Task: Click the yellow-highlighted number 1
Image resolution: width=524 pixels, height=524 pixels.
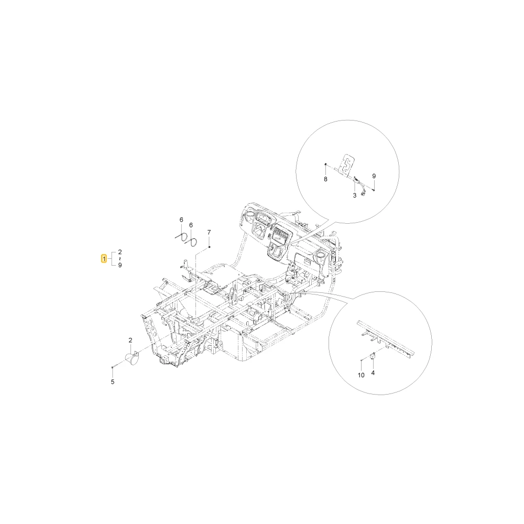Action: [x=104, y=259]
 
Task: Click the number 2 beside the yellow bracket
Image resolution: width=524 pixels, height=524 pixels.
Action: [x=120, y=252]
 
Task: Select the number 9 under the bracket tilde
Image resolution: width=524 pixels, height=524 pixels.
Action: [x=120, y=265]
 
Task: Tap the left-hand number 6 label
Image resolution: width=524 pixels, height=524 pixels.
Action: [x=181, y=220]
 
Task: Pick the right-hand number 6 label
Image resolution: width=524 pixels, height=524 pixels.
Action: [x=191, y=225]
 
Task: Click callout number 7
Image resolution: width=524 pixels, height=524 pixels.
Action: [x=209, y=232]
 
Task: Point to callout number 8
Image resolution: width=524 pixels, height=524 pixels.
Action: [x=326, y=179]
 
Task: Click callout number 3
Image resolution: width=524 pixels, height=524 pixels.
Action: [x=355, y=195]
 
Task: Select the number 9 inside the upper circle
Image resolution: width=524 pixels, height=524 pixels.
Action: [x=374, y=176]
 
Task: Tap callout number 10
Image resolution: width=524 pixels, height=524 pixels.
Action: [x=361, y=375]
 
